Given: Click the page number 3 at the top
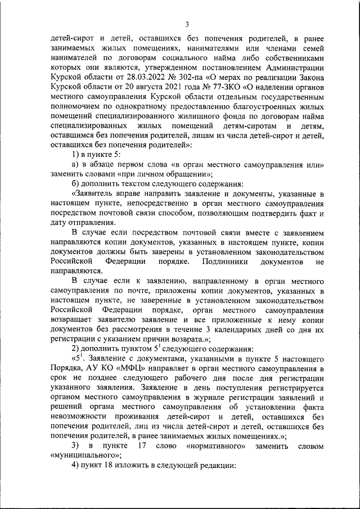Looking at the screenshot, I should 186,23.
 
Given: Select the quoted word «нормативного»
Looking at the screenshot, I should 210,446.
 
